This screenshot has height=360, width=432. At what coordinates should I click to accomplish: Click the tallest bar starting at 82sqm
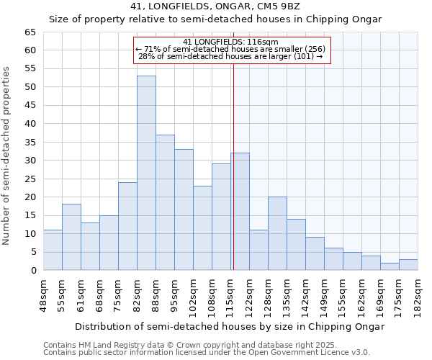tap(146, 173)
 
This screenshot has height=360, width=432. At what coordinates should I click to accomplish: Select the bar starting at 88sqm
tap(165, 202)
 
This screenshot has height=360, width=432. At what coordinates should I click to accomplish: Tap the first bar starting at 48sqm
tap(53, 250)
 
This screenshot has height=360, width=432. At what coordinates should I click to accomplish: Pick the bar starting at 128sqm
tap(277, 233)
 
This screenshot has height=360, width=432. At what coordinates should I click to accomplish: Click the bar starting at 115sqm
tap(240, 212)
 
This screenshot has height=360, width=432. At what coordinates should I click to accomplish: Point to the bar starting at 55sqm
tap(71, 237)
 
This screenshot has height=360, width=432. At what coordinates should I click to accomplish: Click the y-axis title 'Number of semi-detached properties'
tap(7, 156)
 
